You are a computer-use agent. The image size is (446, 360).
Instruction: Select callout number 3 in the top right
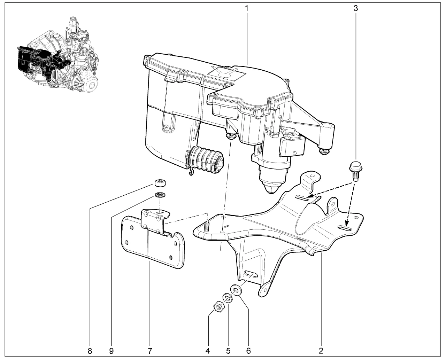click(355, 9)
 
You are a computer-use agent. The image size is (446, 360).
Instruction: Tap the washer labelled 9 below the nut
click(160, 195)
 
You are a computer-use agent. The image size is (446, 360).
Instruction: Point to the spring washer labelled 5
click(228, 298)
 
